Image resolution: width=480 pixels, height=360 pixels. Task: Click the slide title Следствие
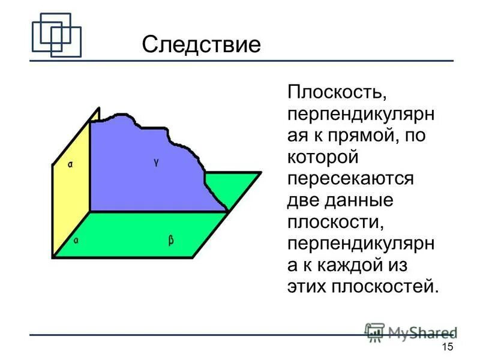coord(201,44)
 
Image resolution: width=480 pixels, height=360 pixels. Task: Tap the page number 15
coord(447,348)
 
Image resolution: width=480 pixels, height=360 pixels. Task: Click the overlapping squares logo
coord(56,35)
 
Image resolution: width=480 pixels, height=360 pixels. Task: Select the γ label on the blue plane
coord(156,163)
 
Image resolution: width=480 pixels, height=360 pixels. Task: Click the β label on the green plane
coord(171,241)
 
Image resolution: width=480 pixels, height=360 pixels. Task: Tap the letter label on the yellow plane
coord(70,163)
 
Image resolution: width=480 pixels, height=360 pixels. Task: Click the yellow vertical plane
coord(71,192)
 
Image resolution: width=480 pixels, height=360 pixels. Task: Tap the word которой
coord(322,158)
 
